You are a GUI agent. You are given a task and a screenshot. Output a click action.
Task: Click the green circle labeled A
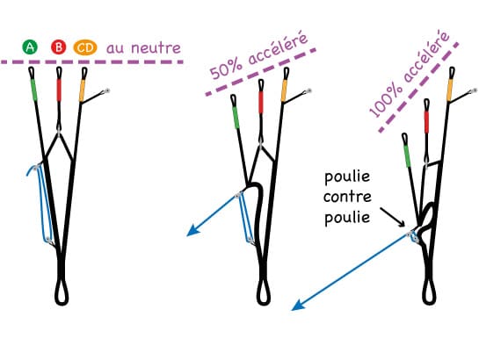pos(30,47)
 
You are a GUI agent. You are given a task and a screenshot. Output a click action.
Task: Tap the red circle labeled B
pos(58,47)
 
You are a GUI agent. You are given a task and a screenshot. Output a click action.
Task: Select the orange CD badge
pos(85,48)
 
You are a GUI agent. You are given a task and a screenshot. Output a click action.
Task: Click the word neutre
pos(156,48)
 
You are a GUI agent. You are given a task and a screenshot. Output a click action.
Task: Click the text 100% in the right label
pos(384,98)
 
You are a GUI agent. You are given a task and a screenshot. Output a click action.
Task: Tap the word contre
pos(347,197)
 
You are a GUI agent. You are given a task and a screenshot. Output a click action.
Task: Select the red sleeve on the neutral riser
pos(59,90)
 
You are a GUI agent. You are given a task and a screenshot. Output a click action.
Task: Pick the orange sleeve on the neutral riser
pos(82,90)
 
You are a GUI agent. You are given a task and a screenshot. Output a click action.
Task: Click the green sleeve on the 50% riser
pos(235,118)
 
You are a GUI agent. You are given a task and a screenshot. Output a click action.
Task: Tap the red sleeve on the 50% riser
pos(260,102)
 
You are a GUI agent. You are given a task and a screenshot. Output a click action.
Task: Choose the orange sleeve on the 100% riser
pos(450,90)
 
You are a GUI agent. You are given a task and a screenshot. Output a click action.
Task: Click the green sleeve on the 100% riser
pos(407,156)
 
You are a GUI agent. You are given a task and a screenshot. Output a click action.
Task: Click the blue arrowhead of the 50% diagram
pos(192,231)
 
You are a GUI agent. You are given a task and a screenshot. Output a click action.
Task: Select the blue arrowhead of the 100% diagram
pos(298,306)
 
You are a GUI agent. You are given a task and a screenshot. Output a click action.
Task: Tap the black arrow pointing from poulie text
pos(393,217)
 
